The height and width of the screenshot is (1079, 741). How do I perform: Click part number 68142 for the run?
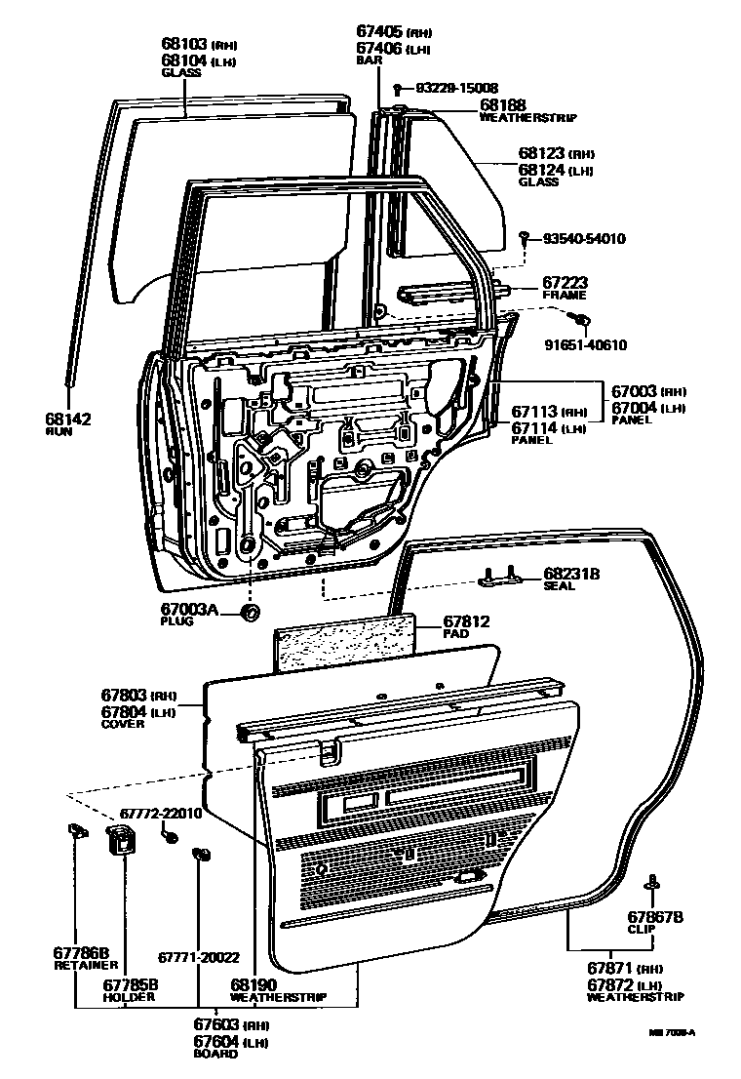click(67, 419)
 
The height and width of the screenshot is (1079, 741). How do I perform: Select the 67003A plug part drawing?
click(250, 613)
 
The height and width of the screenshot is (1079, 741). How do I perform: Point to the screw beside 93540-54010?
click(525, 237)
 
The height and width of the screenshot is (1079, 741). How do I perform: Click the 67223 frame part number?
click(566, 282)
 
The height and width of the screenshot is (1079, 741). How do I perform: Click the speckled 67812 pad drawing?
click(345, 644)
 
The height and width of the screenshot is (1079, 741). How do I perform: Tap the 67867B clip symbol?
click(650, 884)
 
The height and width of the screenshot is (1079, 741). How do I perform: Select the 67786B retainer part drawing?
click(74, 830)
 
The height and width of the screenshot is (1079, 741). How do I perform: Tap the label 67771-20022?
click(199, 957)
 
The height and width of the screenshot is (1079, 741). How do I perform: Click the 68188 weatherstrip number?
click(502, 104)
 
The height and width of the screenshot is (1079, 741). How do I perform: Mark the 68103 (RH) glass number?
click(185, 44)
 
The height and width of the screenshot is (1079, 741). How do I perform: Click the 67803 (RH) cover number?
click(124, 696)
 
